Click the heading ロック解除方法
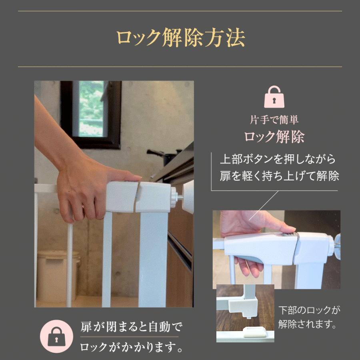pyautogui.click(x=180, y=38)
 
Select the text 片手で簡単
pyautogui.click(x=274, y=120)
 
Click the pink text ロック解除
pyautogui.click(x=274, y=137)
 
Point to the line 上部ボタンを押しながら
pyautogui.click(x=278, y=159)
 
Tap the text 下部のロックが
pyautogui.click(x=309, y=310)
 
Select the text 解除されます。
pyautogui.click(x=307, y=324)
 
